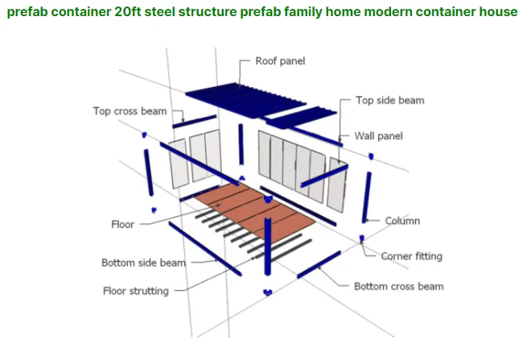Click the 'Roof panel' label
pyautogui.click(x=279, y=60)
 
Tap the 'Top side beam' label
pyautogui.click(x=389, y=101)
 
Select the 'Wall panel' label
pyautogui.click(x=378, y=136)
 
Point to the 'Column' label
pyautogui.click(x=402, y=221)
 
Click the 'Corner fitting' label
pyautogui.click(x=411, y=256)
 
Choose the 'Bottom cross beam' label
pyautogui.click(x=398, y=286)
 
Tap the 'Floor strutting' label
pyautogui.click(x=135, y=291)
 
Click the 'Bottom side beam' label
pyautogui.click(x=143, y=263)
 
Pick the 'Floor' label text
pyautogui.click(x=122, y=224)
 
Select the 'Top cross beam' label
pyautogui.click(x=130, y=111)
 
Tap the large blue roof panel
pyautogui.click(x=226, y=96)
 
